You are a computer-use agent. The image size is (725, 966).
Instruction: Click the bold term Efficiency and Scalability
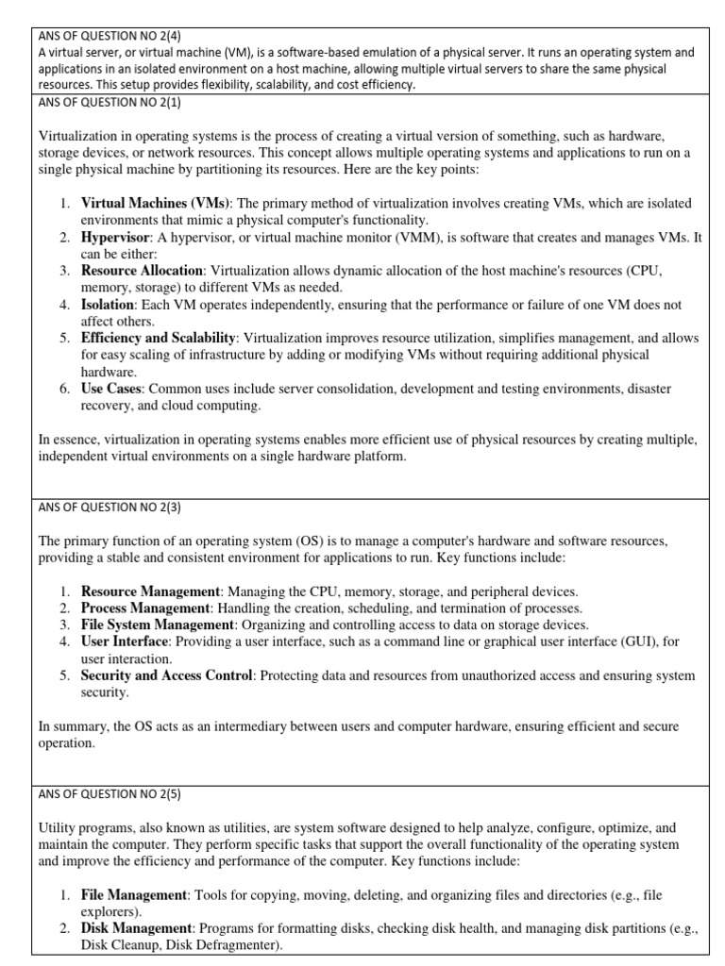(159, 339)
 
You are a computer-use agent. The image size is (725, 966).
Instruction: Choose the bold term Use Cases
(111, 389)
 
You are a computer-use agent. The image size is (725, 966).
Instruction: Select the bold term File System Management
(157, 625)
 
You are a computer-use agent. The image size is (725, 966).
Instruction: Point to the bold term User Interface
(125, 642)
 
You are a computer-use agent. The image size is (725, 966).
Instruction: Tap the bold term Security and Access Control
(167, 676)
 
